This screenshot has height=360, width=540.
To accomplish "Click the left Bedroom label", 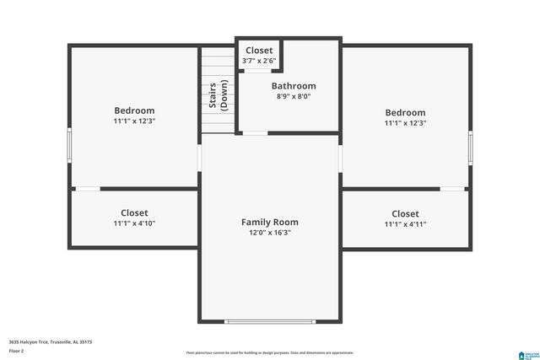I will click(134, 110).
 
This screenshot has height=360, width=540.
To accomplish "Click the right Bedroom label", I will click(405, 113).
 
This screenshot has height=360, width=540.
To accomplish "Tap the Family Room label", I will click(269, 222).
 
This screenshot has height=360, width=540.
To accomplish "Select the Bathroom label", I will click(293, 86).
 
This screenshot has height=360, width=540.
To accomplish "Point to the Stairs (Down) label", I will click(218, 96).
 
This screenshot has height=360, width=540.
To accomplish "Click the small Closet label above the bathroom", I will click(259, 51).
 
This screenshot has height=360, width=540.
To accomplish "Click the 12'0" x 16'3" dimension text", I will click(269, 233).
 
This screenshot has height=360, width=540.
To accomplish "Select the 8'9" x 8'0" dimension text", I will click(293, 97).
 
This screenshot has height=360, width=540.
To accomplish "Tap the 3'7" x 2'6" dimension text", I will click(259, 61).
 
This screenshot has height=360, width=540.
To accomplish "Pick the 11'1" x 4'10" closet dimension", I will click(134, 223).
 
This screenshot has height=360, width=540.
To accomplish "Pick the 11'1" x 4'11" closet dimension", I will click(405, 224).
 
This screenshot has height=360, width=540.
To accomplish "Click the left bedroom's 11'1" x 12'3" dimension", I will click(134, 121).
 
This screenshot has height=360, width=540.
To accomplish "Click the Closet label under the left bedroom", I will click(134, 213).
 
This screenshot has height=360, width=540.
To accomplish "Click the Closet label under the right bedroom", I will click(405, 214).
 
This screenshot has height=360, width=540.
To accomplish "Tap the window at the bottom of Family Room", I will click(269, 321).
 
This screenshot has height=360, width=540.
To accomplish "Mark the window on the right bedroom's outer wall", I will click(471, 148).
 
